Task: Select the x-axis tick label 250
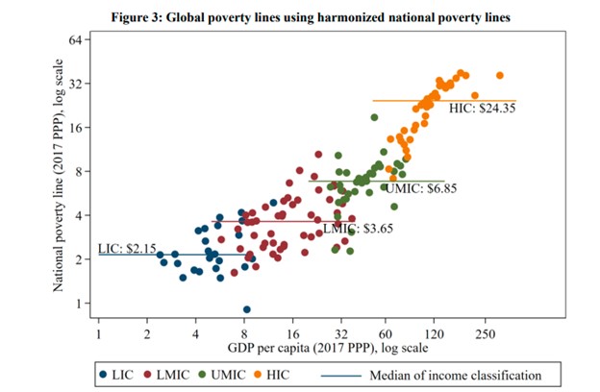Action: click(483, 331)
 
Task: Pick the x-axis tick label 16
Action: click(292, 331)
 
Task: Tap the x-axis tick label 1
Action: click(99, 331)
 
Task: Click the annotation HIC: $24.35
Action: click(483, 109)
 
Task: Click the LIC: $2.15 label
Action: click(127, 249)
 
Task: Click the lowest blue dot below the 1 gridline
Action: click(247, 309)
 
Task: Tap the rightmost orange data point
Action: click(499, 75)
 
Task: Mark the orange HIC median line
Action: click(404, 100)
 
